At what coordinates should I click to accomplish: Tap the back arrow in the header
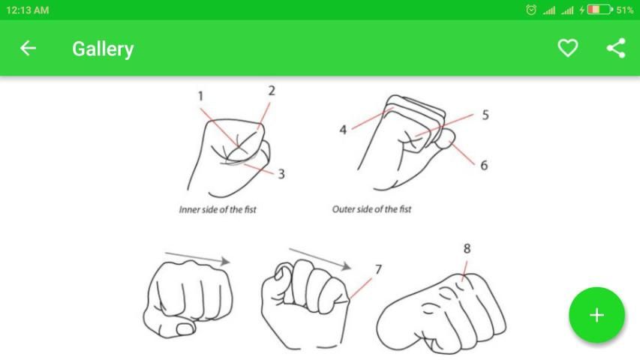[x=28, y=48]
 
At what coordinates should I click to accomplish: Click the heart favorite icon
[x=568, y=48]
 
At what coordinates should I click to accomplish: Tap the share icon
[x=616, y=48]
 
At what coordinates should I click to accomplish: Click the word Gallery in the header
[x=103, y=49]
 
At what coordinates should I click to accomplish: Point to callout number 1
[x=200, y=96]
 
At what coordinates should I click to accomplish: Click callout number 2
[x=272, y=91]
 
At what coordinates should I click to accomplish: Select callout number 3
[x=281, y=174]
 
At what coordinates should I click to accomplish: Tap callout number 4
[x=343, y=130]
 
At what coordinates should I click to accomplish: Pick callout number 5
[x=485, y=115]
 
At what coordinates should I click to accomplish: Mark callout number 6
[x=484, y=165]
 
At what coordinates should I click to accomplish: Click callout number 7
[x=378, y=269]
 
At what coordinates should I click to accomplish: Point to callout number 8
[x=467, y=248]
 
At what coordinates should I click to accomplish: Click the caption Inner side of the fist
[x=218, y=210]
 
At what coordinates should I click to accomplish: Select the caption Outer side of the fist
[x=372, y=209]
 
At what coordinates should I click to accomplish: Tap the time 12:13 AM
[x=27, y=10]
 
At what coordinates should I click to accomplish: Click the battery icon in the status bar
[x=599, y=10]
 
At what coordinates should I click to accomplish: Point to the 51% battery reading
[x=625, y=10]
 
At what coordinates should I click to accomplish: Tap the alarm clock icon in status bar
[x=531, y=10]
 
